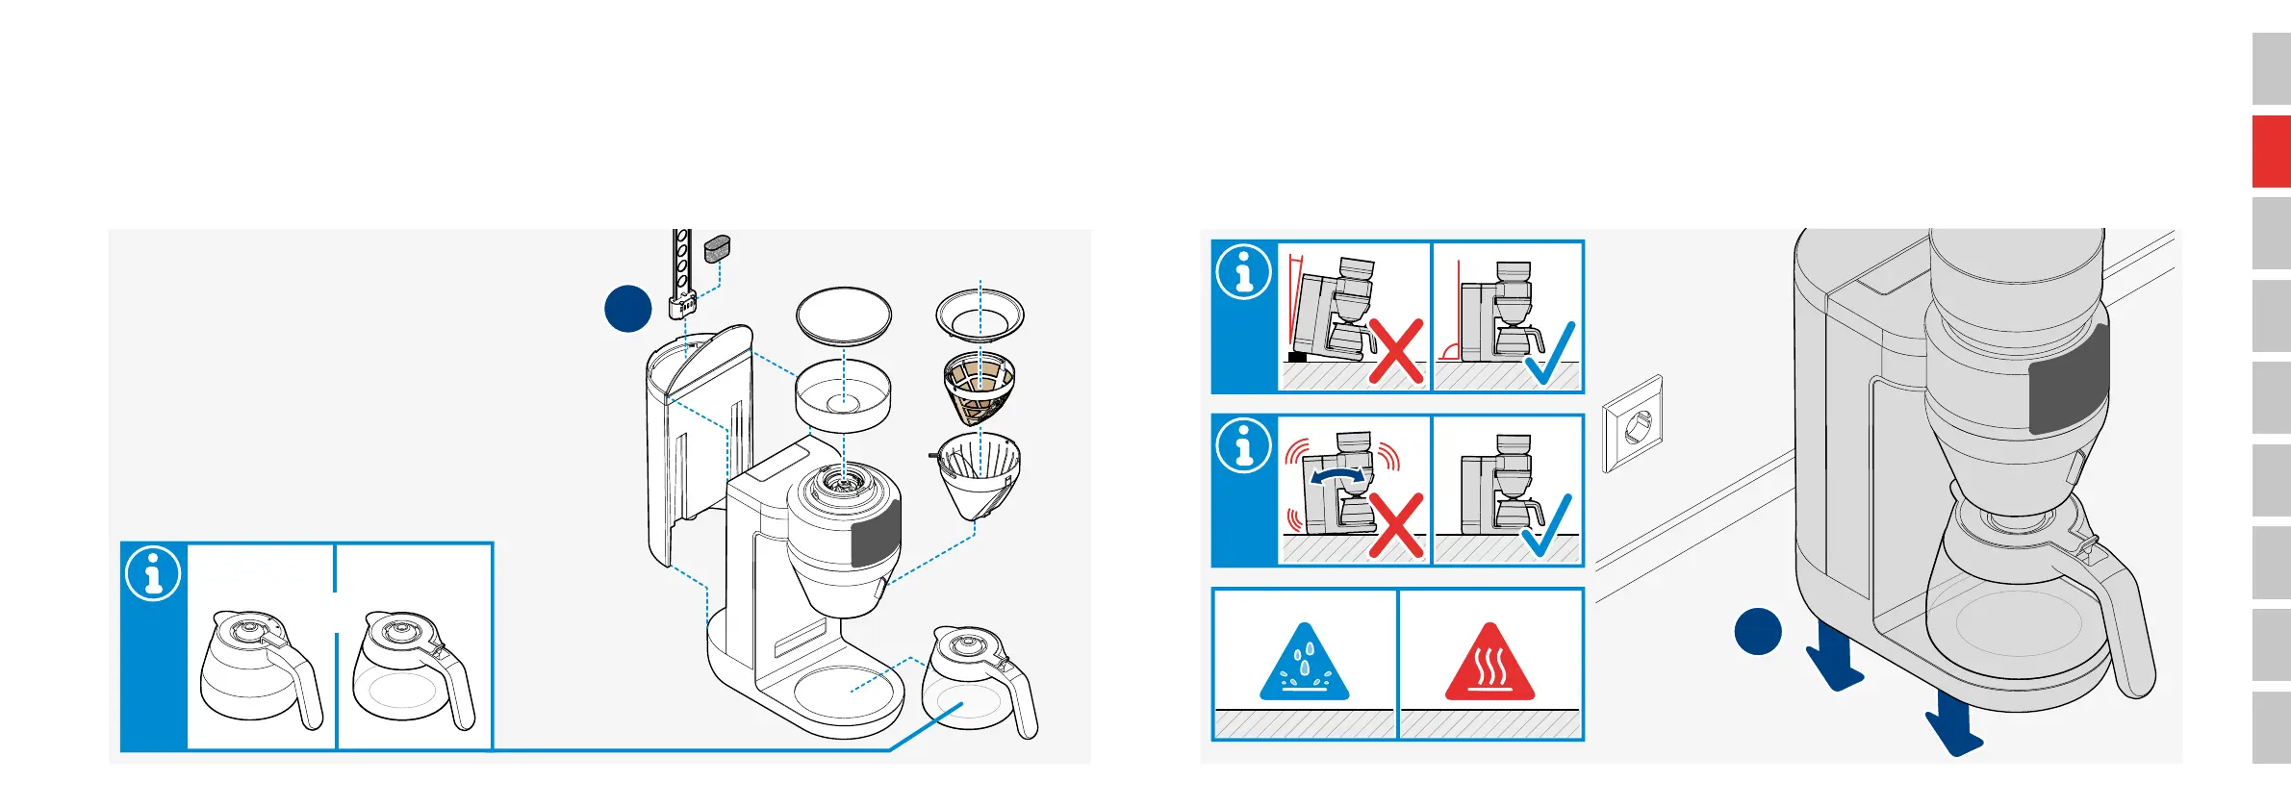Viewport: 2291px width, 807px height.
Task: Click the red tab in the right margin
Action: [2271, 151]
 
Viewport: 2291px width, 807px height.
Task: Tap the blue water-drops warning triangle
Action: [1304, 665]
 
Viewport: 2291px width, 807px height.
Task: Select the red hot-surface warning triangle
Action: [1489, 665]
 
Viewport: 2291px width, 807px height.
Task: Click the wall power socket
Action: [1633, 424]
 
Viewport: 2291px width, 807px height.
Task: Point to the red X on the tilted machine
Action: [1396, 352]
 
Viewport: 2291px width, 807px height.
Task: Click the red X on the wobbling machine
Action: [1396, 525]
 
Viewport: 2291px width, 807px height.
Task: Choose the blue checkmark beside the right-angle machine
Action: [1550, 353]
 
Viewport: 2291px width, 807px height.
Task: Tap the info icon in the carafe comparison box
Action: [153, 574]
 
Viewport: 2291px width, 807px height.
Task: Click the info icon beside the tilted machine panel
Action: [1244, 272]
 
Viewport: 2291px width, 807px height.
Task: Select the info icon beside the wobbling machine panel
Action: [1244, 445]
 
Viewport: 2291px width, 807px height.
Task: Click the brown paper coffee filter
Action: [979, 389]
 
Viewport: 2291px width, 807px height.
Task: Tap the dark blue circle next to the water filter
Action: [627, 309]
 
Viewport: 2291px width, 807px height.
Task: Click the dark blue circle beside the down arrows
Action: [1758, 631]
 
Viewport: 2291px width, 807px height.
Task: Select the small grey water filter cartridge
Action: [717, 249]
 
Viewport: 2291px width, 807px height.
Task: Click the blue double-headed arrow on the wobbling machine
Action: [1337, 476]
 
